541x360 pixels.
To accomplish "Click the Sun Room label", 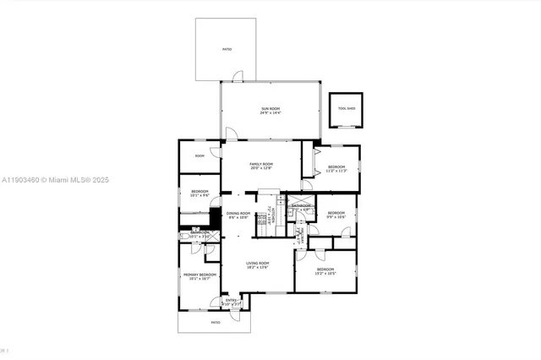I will point(270,108).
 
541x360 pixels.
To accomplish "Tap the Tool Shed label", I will point(347,109).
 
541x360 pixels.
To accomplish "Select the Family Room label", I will point(261,163).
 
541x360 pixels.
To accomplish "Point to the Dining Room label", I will point(238,213).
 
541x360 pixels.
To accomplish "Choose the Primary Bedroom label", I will point(200,274).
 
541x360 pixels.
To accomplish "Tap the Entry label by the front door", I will point(231,300).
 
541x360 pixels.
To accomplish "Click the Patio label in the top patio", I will point(227,50).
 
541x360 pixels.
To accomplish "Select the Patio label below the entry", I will point(216,322).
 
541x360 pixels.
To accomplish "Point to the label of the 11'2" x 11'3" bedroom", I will point(336,166).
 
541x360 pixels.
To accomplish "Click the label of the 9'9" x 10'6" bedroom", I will point(336,212).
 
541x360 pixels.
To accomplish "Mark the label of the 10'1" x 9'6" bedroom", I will point(199,191).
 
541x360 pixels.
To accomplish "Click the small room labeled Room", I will point(199,155).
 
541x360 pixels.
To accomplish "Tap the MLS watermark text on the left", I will point(56,180).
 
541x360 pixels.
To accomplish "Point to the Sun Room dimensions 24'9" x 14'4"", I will point(270,113).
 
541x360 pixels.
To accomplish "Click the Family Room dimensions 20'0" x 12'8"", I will point(261,168).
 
